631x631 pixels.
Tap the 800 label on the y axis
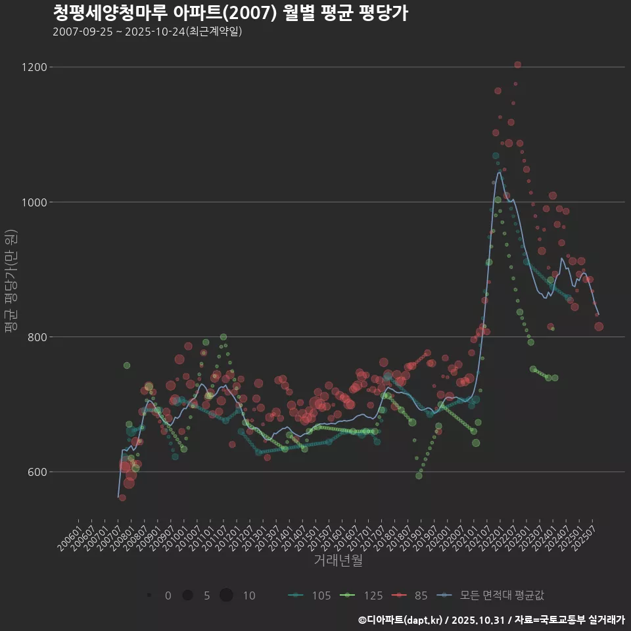(37, 337)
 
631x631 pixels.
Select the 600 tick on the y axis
(37, 472)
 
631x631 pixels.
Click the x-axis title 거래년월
(338, 561)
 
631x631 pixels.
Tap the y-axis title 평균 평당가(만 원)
(11, 283)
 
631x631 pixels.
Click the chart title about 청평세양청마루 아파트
(230, 13)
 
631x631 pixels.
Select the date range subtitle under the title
(147, 32)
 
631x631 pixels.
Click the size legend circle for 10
(226, 596)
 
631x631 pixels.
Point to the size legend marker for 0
(150, 596)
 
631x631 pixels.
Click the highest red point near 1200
(518, 64)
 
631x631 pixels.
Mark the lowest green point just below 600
(419, 475)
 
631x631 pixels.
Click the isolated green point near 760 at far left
(127, 365)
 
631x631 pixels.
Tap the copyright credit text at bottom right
(491, 620)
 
